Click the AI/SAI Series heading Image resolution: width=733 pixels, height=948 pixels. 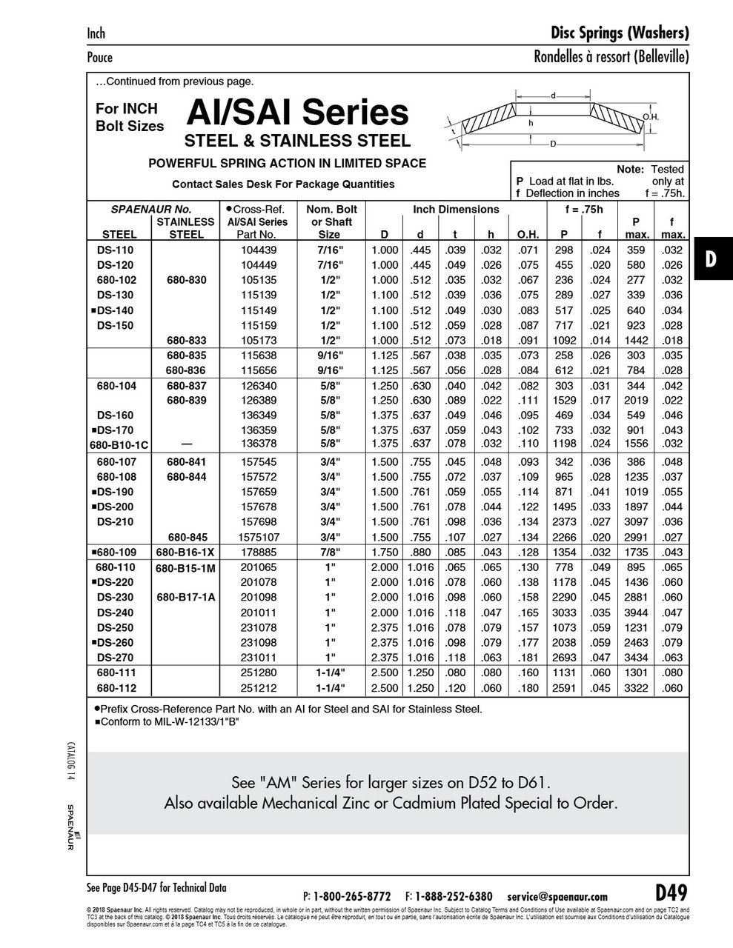(296, 113)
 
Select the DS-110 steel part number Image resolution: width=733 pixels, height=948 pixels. (115, 250)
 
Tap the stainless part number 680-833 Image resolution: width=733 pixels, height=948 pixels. (186, 340)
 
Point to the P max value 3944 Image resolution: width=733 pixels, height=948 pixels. (637, 612)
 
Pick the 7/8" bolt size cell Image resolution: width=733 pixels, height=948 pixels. (324, 553)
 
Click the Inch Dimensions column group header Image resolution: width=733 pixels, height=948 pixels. (456, 210)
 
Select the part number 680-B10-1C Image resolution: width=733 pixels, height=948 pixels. (119, 444)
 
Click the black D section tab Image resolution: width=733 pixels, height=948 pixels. (712, 258)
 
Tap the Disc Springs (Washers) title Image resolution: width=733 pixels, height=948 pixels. (620, 33)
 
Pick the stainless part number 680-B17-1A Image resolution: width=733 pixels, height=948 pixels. (186, 597)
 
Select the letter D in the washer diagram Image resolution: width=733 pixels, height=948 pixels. (553, 144)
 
